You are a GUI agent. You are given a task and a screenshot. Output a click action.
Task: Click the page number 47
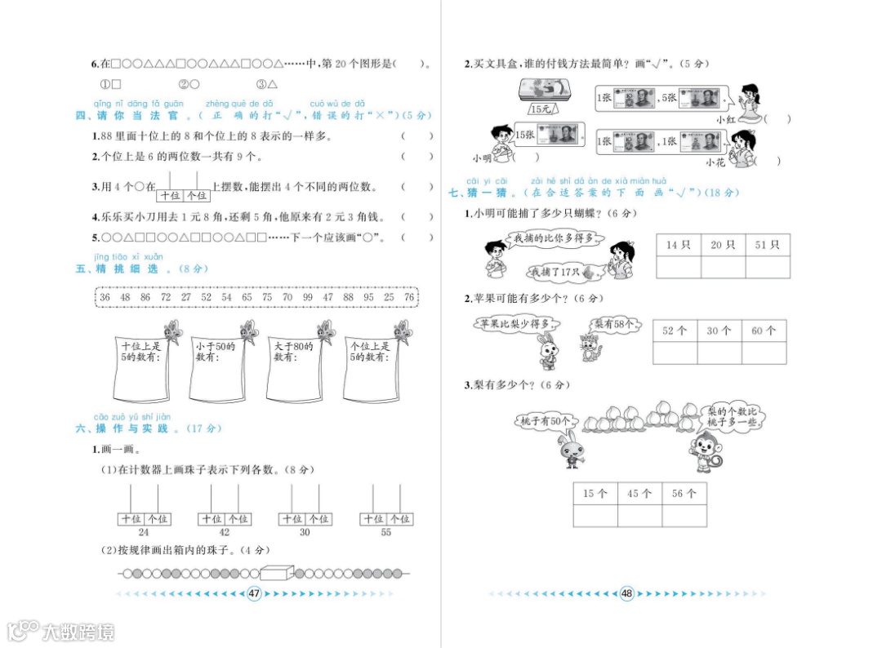tap(253, 593)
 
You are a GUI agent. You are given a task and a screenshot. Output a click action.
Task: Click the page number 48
tap(627, 593)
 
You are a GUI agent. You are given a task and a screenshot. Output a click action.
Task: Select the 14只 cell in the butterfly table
tap(678, 245)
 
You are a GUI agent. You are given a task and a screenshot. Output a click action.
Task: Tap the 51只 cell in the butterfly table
tap(767, 245)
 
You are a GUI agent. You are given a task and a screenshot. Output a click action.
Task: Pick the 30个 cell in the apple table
tap(719, 331)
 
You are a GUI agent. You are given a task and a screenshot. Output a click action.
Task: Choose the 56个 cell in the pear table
tap(684, 494)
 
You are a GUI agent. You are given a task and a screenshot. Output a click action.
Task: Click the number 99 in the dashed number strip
tap(307, 298)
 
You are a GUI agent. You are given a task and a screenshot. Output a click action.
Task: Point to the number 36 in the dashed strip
tap(105, 298)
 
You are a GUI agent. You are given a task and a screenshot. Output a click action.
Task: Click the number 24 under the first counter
tap(144, 532)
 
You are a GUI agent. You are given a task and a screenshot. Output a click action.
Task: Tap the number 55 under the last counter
tap(386, 532)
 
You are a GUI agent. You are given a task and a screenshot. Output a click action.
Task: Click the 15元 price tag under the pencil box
tap(540, 109)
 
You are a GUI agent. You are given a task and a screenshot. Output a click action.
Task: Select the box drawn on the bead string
tap(274, 573)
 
